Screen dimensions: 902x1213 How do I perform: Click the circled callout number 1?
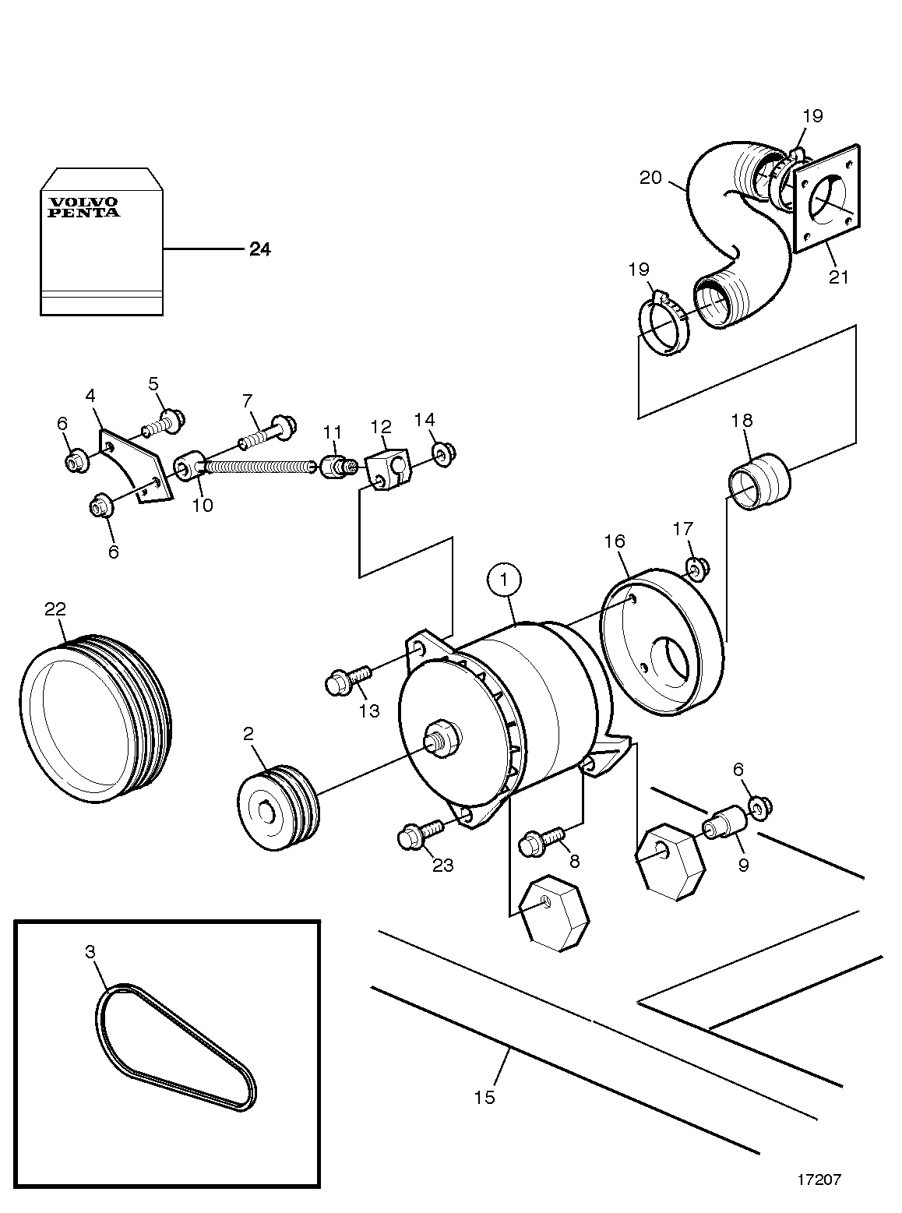tap(504, 580)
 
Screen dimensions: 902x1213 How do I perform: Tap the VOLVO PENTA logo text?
tap(83, 208)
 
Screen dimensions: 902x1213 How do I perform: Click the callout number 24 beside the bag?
tap(260, 249)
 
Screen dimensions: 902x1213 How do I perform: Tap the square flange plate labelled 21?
tap(826, 199)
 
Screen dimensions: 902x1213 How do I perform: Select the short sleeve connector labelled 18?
tap(760, 482)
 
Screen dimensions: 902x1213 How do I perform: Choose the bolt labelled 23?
tap(420, 836)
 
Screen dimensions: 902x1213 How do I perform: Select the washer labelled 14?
tap(444, 453)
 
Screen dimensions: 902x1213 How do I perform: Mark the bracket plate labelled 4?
tap(136, 465)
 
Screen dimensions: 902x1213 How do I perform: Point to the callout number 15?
tap(484, 1096)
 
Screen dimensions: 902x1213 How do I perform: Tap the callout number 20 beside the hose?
tap(650, 178)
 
